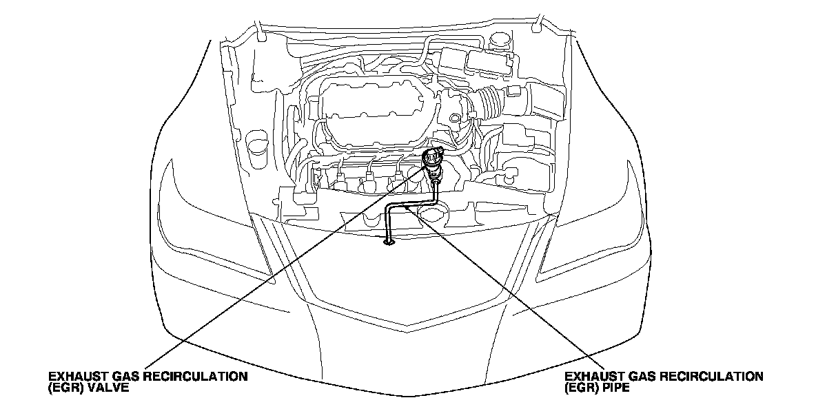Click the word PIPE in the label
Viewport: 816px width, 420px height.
click(617, 388)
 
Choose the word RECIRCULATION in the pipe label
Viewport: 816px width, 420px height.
click(717, 377)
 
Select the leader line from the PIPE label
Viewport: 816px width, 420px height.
click(510, 289)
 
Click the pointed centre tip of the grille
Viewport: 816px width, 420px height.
click(408, 324)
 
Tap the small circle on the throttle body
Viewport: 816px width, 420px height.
click(455, 119)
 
